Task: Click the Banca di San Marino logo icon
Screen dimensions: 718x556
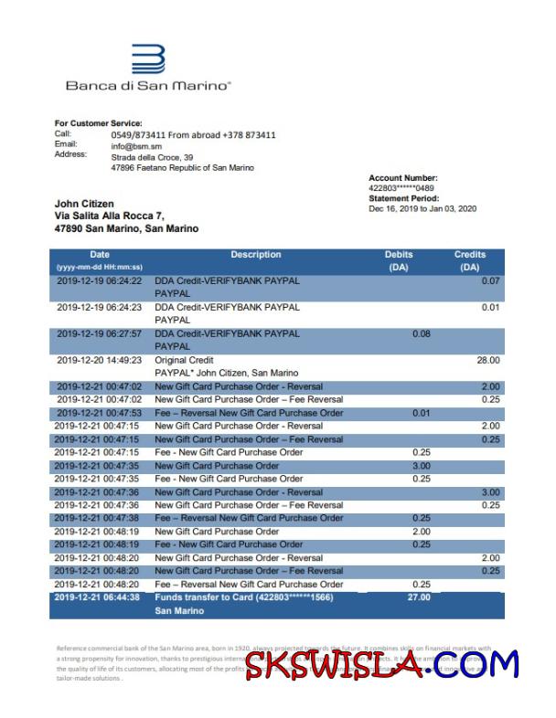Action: [148, 59]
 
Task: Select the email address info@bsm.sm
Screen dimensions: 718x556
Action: [136, 146]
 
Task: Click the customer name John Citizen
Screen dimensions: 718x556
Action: [84, 204]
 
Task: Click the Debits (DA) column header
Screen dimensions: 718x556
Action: [399, 261]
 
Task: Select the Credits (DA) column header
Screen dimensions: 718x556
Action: [469, 261]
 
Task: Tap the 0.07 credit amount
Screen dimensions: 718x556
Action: [491, 281]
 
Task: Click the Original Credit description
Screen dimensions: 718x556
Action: [184, 361]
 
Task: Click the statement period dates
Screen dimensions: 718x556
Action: [422, 209]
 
